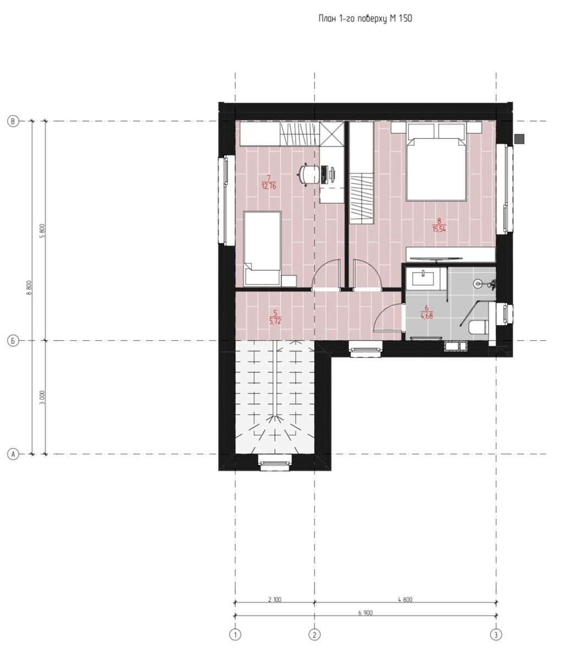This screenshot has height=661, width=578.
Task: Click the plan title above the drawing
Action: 365,19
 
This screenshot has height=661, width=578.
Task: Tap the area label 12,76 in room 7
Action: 269,186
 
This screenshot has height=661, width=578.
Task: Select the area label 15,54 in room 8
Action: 439,229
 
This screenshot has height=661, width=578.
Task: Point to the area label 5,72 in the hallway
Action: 275,321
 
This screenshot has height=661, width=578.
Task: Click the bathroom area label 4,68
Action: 427,316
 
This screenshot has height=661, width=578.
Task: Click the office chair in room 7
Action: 308,175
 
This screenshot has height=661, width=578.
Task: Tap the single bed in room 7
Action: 262,248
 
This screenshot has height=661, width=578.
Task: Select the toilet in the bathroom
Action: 477,328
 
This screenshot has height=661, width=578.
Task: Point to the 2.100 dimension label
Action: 275,600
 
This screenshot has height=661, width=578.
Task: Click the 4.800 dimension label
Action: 405,600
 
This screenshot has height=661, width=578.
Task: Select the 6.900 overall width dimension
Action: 365,613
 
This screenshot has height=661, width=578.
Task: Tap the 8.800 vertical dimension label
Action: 29,288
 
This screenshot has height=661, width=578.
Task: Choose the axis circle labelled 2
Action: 314,635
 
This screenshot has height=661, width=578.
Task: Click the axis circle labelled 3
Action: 496,635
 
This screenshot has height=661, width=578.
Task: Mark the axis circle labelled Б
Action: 13,340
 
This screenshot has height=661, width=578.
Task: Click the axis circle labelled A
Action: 13,454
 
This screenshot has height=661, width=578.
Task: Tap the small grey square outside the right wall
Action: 519,139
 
